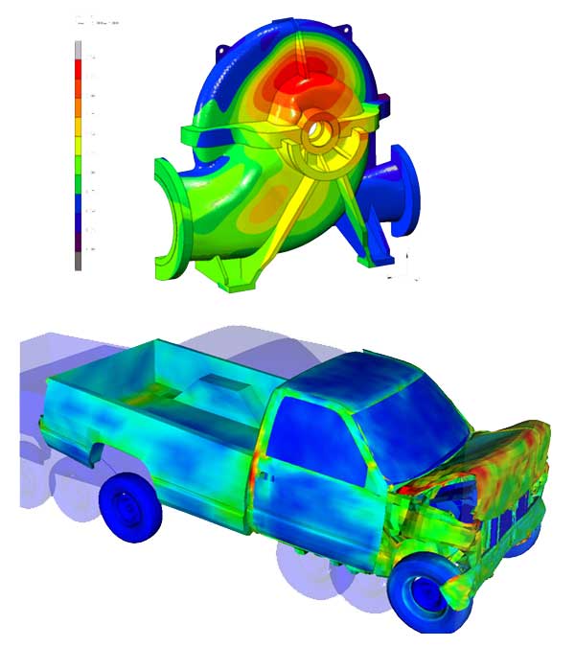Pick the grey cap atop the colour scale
[79, 48]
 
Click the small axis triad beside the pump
[402, 268]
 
